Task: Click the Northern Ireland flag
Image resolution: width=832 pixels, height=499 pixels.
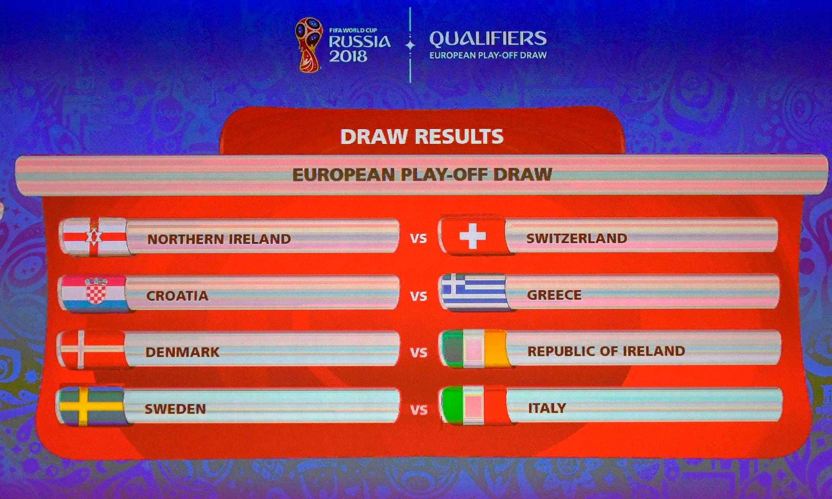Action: click(x=94, y=237)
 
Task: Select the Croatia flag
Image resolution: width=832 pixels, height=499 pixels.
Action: click(x=94, y=293)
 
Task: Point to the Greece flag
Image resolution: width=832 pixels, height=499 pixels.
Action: click(x=474, y=292)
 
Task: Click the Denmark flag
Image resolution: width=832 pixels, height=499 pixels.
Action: click(x=92, y=350)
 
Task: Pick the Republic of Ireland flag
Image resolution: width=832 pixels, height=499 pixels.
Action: click(x=474, y=349)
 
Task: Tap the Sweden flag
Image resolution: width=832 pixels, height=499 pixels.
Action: click(x=91, y=406)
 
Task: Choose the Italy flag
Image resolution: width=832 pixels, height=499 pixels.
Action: click(x=474, y=405)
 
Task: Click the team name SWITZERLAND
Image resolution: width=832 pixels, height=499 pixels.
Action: click(x=577, y=238)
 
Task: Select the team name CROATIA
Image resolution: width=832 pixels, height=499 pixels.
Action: click(x=177, y=296)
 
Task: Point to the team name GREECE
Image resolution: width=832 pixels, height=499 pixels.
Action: click(x=554, y=295)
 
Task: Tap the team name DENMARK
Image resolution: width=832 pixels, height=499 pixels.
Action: click(x=182, y=352)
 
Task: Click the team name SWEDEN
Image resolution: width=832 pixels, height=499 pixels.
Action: click(x=175, y=409)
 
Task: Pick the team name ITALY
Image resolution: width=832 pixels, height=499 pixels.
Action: click(x=547, y=408)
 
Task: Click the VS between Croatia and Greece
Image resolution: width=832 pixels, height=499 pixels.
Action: click(x=419, y=296)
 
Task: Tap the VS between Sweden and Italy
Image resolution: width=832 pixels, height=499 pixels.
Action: click(x=419, y=410)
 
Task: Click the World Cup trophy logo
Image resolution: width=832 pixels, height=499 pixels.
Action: click(x=309, y=45)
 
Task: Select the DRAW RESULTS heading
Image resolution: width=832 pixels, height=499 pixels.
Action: click(x=422, y=137)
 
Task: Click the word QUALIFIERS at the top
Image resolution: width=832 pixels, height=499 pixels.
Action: click(x=488, y=39)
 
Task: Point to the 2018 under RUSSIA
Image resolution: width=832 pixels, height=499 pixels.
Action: click(x=348, y=56)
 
